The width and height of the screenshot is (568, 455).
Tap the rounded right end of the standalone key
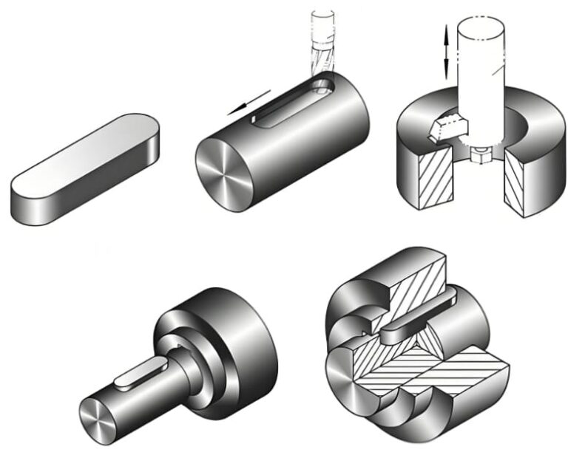coord(147,134)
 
